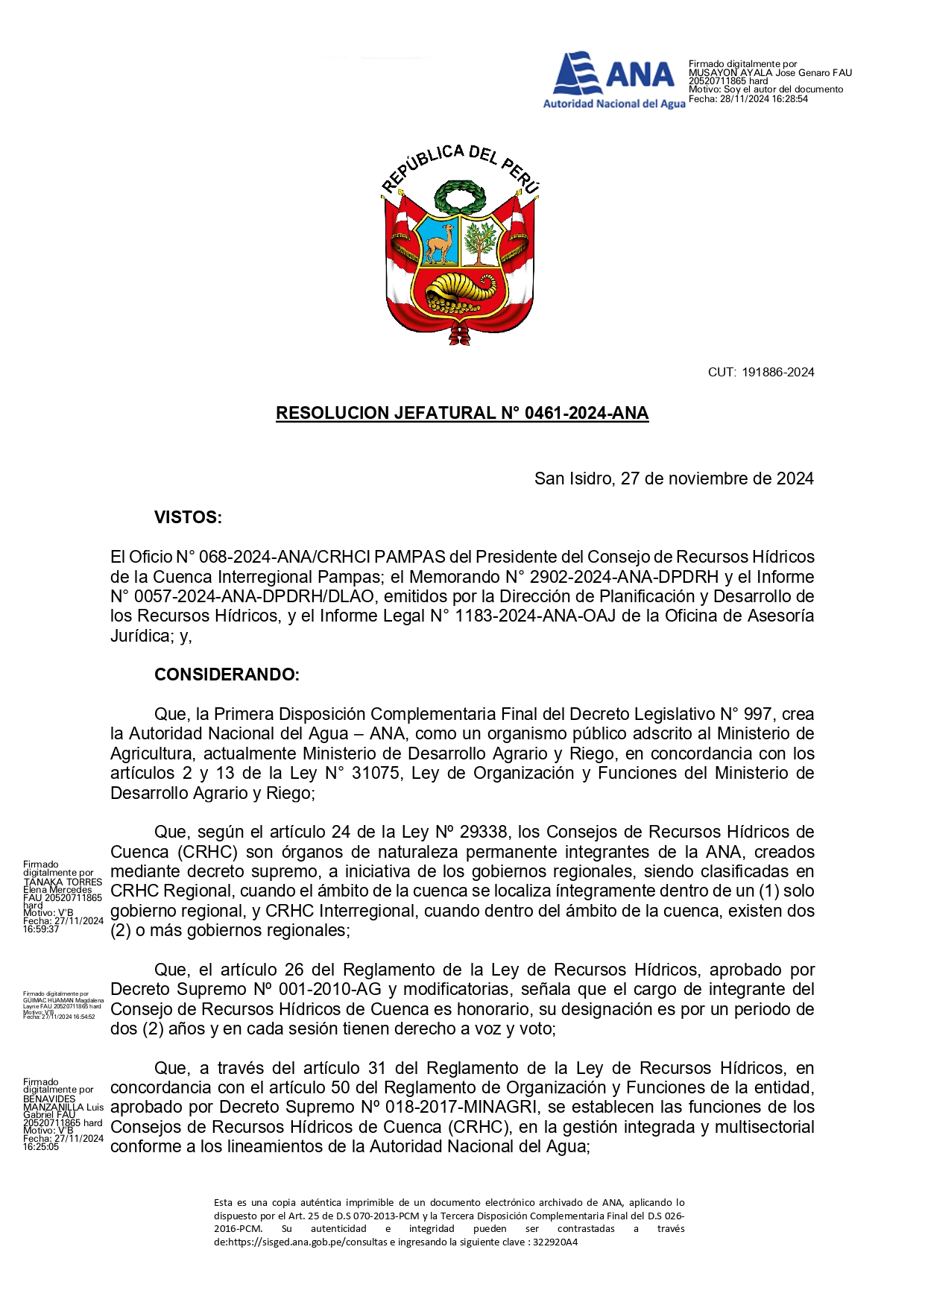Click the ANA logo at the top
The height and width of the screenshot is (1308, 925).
[613, 80]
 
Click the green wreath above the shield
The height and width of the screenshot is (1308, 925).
[459, 197]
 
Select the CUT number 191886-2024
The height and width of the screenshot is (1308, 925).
[777, 372]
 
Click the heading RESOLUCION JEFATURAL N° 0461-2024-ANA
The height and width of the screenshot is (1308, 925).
[462, 413]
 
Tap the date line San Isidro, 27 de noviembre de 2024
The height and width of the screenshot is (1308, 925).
[674, 478]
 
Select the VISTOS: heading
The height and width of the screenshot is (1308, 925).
[188, 517]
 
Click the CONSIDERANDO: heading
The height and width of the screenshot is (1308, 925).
[227, 674]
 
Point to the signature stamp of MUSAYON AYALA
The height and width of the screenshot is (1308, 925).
[769, 81]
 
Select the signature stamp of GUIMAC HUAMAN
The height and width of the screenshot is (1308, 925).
[63, 1005]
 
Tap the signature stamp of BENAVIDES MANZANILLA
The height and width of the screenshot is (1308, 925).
[63, 1113]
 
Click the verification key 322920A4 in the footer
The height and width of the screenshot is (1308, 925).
[553, 1242]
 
